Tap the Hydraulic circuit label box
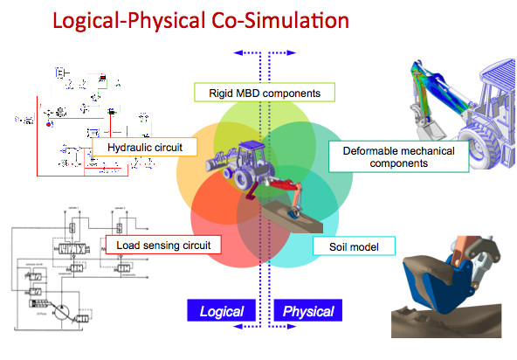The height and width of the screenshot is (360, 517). pos(141,148)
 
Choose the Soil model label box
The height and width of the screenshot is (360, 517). pos(354,246)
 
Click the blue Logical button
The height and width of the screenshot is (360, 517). pos(223,311)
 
